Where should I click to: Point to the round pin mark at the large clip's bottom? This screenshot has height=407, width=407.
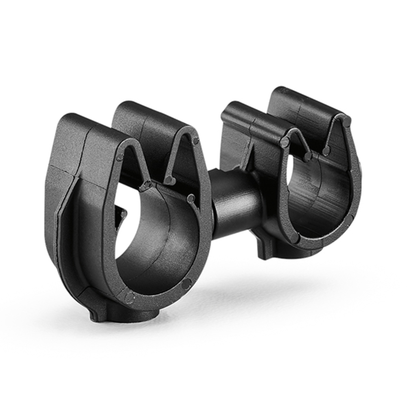coord(129,297)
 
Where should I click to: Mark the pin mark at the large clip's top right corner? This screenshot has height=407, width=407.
coord(196,141)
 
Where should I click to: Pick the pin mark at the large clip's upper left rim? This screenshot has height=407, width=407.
coord(120,157)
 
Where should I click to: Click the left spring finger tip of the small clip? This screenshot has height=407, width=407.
coord(308,156)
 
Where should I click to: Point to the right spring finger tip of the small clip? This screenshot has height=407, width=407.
coord(326,151)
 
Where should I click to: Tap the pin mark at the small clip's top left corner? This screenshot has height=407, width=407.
coord(284,142)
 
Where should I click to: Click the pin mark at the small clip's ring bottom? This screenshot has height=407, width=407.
coord(294,238)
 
